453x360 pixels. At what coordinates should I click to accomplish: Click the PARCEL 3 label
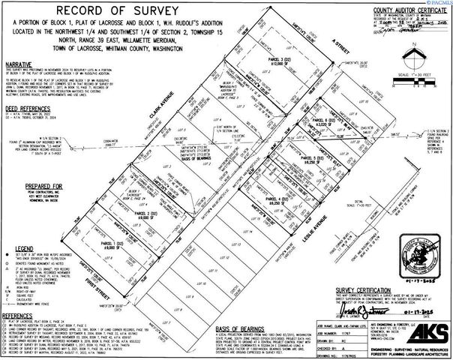(x=279, y=60)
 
